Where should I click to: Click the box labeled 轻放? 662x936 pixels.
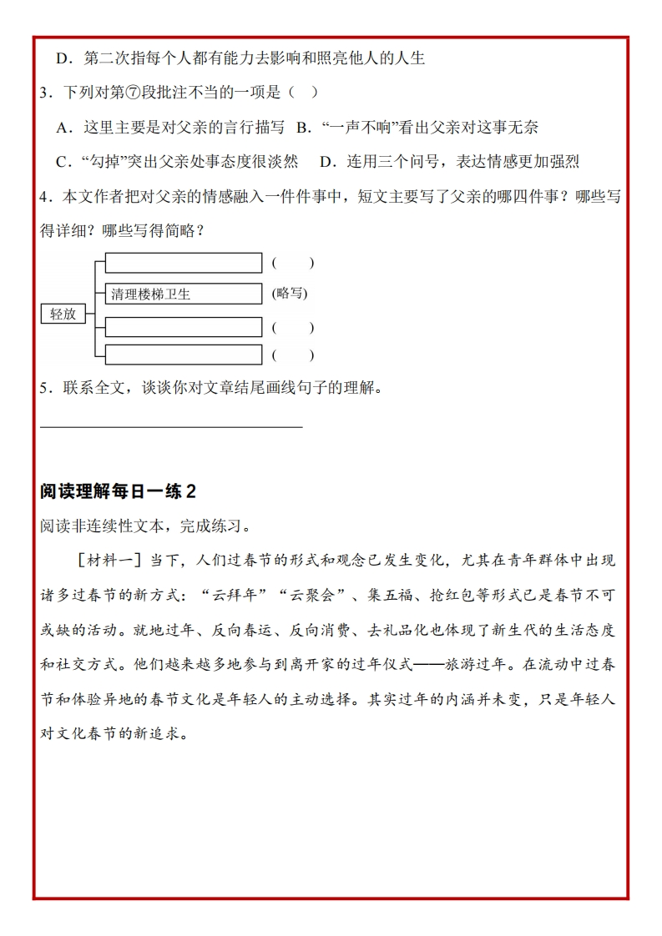point(63,314)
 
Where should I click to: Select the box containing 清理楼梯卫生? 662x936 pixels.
point(184,294)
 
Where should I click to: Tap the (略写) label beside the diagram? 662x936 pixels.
point(290,294)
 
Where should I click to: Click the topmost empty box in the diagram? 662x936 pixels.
point(184,263)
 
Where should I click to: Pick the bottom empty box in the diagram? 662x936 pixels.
point(184,355)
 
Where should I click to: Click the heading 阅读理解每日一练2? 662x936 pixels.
point(118,491)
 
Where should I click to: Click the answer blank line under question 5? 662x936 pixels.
point(171,426)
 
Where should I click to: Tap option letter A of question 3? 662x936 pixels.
point(61,127)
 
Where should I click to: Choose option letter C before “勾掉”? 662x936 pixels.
point(61,161)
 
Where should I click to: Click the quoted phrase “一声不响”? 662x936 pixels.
point(357,127)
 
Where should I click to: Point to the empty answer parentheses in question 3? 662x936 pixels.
point(302,92)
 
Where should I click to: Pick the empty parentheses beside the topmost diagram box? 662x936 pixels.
point(292,263)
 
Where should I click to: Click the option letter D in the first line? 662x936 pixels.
point(61,58)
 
